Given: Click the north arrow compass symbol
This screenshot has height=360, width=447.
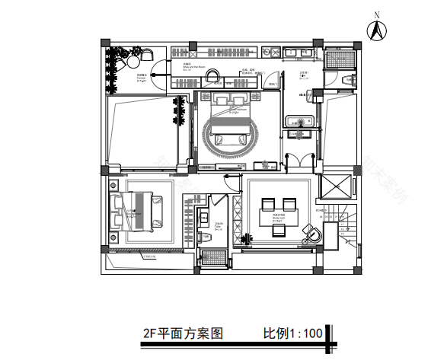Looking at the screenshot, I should (375, 30).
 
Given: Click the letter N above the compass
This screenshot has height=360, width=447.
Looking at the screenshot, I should (375, 14).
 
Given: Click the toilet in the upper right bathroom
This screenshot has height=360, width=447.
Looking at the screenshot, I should (350, 80).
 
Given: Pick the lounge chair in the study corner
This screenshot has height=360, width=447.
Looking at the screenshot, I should (311, 232).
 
